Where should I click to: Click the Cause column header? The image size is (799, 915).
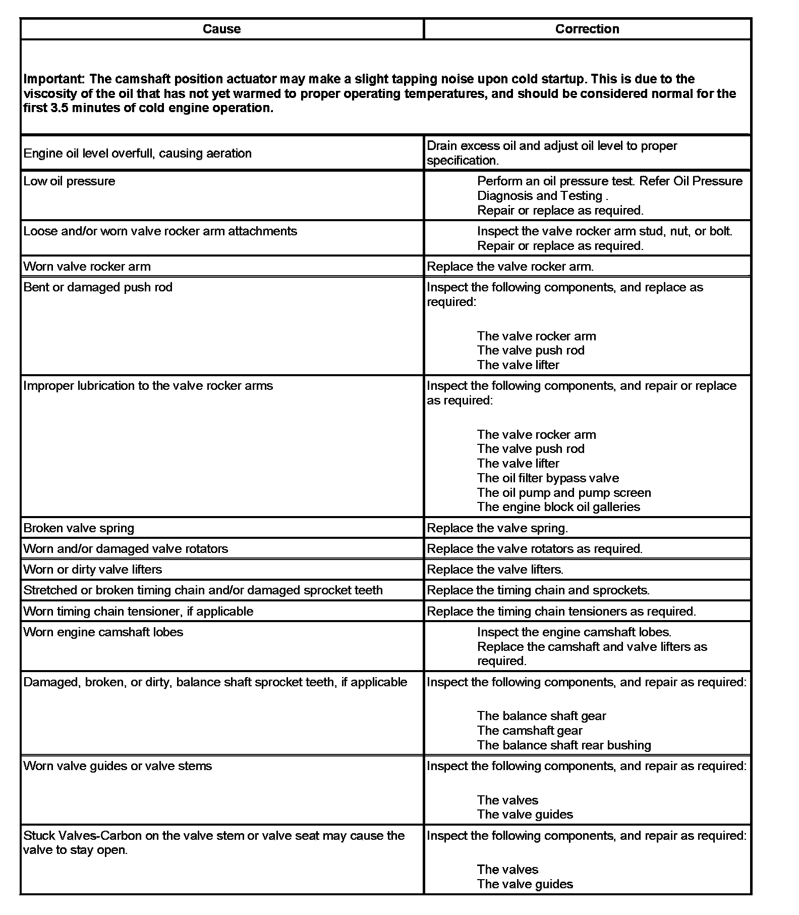(221, 29)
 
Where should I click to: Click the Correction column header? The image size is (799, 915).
(587, 29)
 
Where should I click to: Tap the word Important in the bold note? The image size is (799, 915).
(54, 79)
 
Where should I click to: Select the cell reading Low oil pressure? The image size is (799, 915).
(70, 181)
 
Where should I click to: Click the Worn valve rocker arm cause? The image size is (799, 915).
(87, 267)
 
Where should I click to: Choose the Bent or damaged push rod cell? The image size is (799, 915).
(98, 287)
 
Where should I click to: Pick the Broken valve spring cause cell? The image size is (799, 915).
(79, 528)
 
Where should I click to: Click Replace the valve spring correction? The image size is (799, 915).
(497, 528)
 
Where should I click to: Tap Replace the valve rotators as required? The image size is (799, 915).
(535, 549)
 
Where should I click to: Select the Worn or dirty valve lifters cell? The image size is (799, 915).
(93, 570)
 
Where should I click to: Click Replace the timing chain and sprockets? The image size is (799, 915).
(538, 590)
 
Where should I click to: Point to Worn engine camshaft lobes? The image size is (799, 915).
(103, 632)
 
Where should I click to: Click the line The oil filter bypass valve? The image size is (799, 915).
(548, 478)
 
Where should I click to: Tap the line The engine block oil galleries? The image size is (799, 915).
(558, 507)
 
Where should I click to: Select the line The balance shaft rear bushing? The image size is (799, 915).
(564, 745)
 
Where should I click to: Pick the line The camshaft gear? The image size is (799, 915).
(530, 731)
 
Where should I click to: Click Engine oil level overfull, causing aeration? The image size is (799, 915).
(137, 154)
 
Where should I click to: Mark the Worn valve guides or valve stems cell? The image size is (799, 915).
(118, 766)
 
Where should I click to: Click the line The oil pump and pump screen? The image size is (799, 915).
(564, 493)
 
